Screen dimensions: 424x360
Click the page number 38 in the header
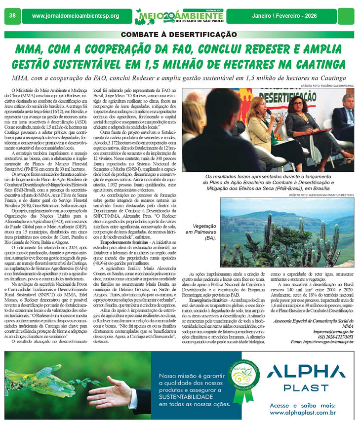(12, 16)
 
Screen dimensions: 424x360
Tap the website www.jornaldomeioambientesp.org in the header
(76, 16)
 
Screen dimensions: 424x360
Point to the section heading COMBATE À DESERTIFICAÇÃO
(179, 35)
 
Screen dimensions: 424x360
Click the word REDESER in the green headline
(244, 49)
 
